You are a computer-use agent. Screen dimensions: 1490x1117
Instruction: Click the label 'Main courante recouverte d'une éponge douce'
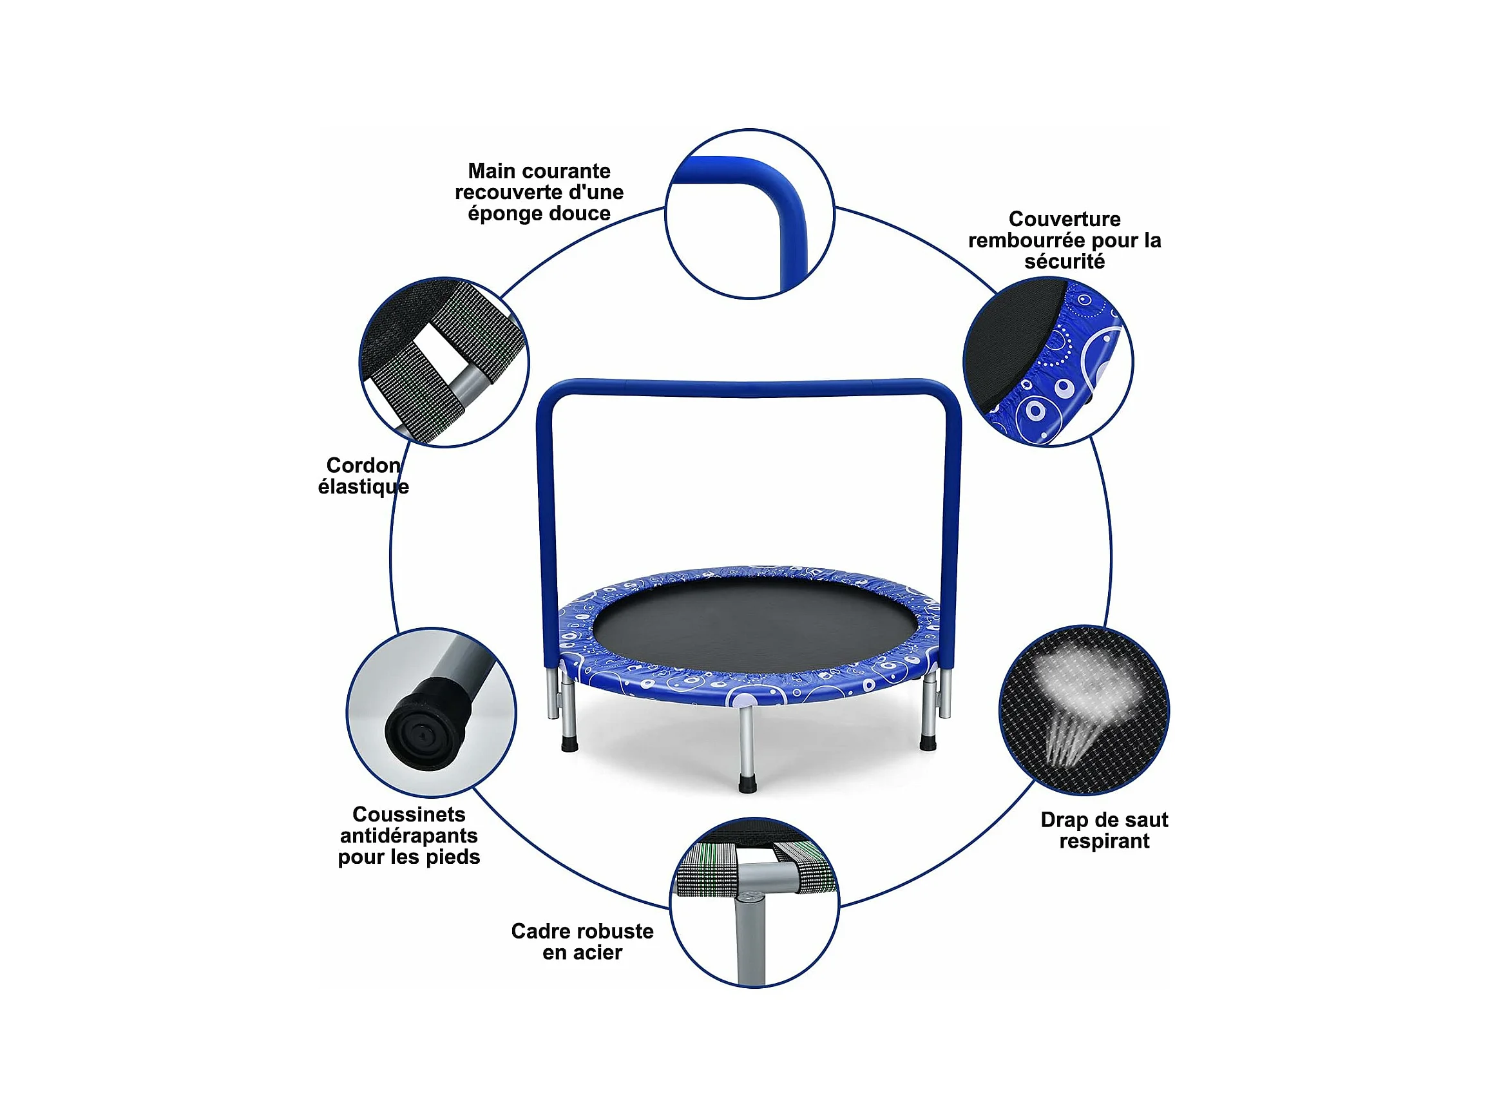point(539,192)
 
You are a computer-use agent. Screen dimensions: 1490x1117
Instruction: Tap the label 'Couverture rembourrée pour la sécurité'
point(1064,240)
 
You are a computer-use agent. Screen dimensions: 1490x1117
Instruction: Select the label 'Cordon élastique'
point(364,475)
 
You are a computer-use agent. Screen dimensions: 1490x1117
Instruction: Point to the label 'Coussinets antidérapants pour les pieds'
point(409,835)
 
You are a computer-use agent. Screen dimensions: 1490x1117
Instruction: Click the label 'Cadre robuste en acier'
point(582,941)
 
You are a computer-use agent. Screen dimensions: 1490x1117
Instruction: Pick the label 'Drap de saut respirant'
point(1104,830)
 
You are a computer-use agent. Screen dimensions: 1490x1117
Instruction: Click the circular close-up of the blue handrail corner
point(750,214)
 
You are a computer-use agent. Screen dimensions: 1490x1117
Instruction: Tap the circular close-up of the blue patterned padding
point(1048,362)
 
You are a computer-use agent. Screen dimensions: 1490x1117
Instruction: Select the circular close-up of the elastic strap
point(444,362)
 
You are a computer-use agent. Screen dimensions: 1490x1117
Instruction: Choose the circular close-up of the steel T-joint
point(754,903)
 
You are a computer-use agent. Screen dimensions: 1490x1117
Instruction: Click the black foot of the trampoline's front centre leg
point(748,783)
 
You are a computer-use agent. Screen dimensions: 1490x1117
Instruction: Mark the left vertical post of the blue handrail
point(547,539)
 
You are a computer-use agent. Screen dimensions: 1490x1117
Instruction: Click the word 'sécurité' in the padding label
point(1064,262)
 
